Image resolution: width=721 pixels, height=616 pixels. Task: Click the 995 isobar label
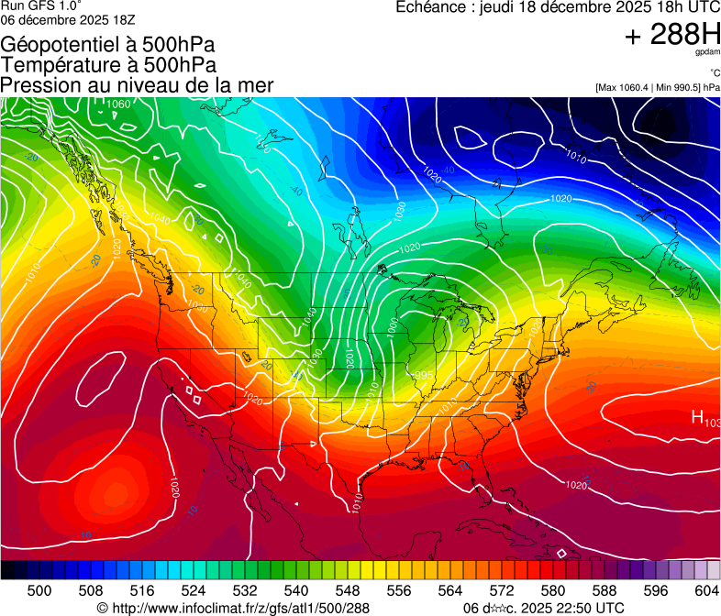(x=423, y=376)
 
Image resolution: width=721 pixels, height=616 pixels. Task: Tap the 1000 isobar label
(x=394, y=326)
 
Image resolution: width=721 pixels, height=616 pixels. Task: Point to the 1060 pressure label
(x=118, y=104)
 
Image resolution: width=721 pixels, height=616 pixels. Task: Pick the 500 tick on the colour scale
(x=39, y=589)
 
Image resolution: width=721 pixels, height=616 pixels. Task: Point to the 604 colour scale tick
(x=705, y=589)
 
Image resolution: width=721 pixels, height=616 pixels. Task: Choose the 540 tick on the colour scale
(x=295, y=589)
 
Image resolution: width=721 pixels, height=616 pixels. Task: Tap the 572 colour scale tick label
(x=501, y=589)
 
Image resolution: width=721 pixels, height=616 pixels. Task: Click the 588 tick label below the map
(x=604, y=589)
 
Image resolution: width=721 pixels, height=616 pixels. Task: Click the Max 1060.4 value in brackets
(x=628, y=87)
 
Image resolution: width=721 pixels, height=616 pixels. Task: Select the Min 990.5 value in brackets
(x=681, y=87)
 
